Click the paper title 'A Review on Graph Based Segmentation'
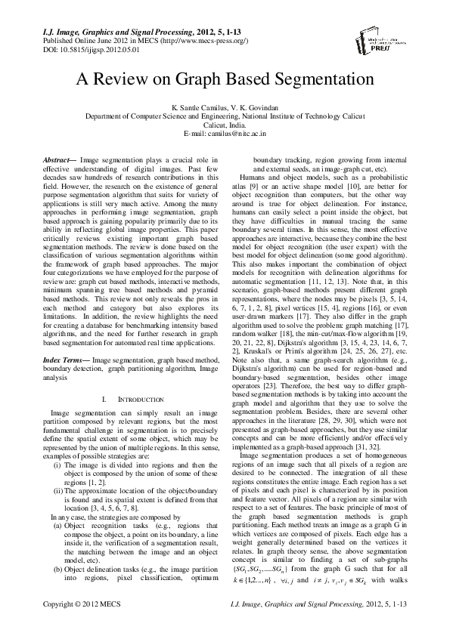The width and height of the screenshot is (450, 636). click(225, 79)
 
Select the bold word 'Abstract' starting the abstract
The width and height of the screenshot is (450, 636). click(57, 159)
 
